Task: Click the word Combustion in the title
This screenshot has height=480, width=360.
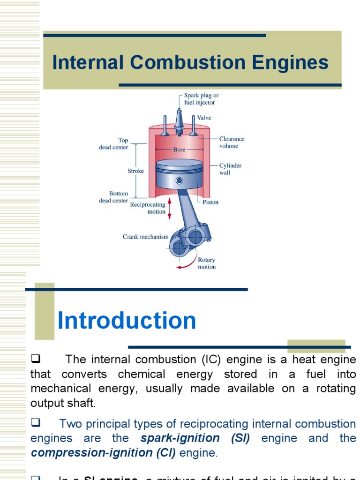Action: click(193, 63)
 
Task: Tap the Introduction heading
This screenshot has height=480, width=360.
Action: click(127, 321)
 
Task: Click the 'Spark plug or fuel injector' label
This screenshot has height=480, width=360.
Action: click(201, 99)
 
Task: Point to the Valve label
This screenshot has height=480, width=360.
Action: click(204, 118)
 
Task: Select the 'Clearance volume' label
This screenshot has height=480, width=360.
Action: click(232, 142)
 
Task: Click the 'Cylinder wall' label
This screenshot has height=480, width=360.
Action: click(231, 169)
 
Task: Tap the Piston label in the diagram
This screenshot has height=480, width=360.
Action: click(210, 202)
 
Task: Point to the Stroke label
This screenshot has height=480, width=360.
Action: click(135, 171)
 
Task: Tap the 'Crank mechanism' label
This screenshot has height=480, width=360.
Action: click(145, 237)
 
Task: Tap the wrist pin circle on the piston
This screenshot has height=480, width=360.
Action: click(179, 180)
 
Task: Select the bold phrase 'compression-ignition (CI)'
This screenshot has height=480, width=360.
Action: click(103, 453)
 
